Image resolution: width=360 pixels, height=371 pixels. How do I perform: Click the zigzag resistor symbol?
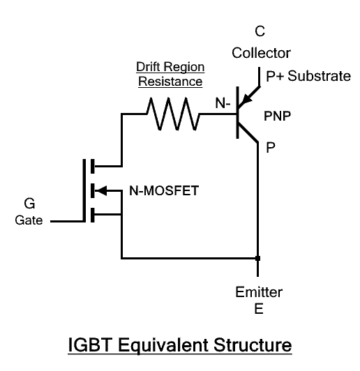pyautogui.click(x=171, y=113)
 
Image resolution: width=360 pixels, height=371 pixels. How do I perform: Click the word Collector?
pyautogui.click(x=260, y=53)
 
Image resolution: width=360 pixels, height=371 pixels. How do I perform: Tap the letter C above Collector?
pyautogui.click(x=260, y=31)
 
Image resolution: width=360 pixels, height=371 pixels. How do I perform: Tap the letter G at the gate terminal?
pyautogui.click(x=29, y=204)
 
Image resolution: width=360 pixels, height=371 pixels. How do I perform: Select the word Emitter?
pyautogui.click(x=259, y=292)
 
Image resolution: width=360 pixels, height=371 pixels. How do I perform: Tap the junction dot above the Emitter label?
pyautogui.click(x=258, y=259)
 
